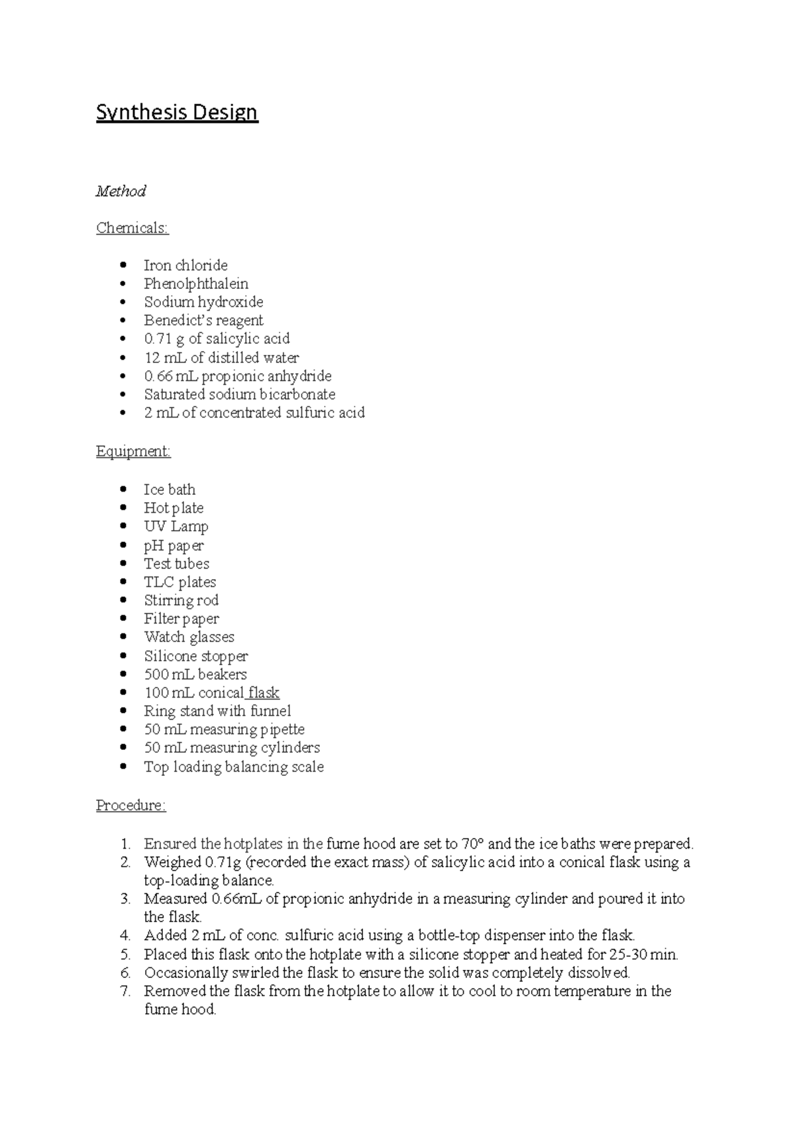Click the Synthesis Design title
[x=177, y=113]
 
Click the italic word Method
[x=121, y=191]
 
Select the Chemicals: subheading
[x=132, y=228]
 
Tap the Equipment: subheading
[x=133, y=451]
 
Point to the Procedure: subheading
[x=131, y=806]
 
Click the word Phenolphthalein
[x=196, y=284]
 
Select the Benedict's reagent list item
[x=203, y=321]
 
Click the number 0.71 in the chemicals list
[x=157, y=339]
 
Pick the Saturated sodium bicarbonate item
[x=239, y=394]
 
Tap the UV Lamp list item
[x=176, y=527]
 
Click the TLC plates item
[x=180, y=582]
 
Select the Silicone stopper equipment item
[x=195, y=656]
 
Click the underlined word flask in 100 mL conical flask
[x=264, y=693]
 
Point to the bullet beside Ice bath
[x=123, y=490]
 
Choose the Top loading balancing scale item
[x=233, y=767]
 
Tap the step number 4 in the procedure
[x=126, y=936]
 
